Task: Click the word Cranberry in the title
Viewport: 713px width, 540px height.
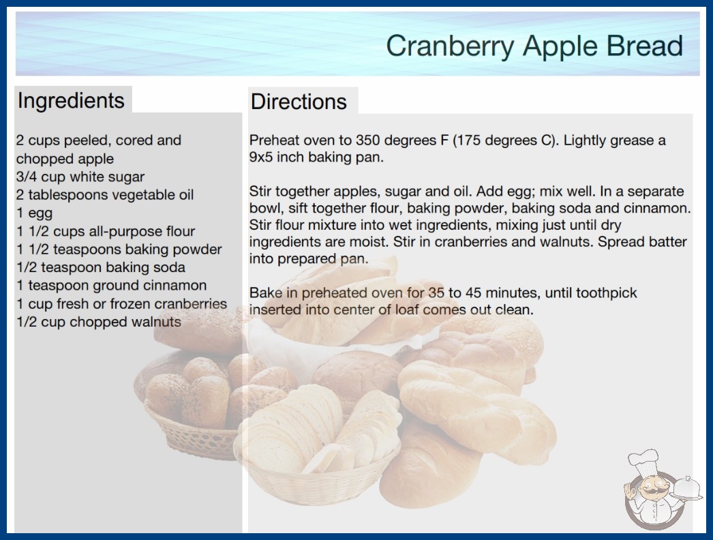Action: click(451, 46)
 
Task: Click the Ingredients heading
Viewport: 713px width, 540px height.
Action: click(71, 101)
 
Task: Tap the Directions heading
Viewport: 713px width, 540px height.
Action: click(299, 102)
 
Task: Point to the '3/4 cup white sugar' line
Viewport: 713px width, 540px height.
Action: click(80, 177)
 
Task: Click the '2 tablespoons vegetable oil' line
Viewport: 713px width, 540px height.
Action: click(105, 195)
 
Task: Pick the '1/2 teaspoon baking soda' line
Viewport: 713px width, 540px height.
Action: click(101, 267)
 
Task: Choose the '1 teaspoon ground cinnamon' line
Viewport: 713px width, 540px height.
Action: click(111, 285)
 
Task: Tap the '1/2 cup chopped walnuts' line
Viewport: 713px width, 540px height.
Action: click(99, 322)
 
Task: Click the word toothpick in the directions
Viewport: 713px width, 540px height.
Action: click(607, 293)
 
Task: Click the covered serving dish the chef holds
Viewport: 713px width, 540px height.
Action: click(686, 490)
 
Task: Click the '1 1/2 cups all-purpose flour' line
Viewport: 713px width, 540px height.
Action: click(106, 231)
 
